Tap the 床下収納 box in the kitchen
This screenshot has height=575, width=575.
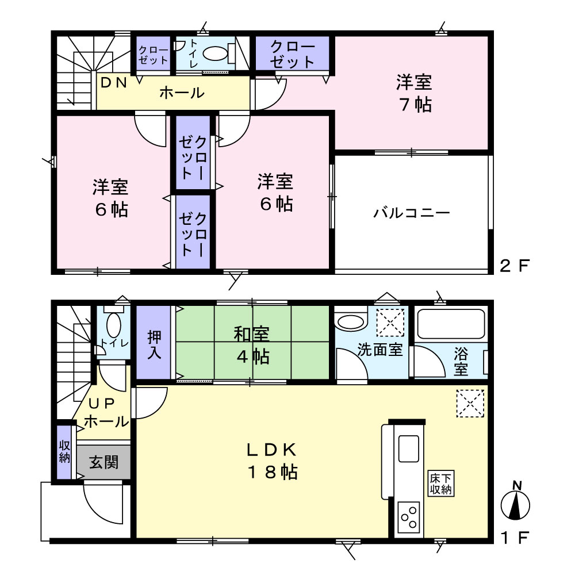coord(441,484)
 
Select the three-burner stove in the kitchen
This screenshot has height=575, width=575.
coord(409,517)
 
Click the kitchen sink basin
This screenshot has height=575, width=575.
coord(408,448)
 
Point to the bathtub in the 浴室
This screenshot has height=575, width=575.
coord(451,324)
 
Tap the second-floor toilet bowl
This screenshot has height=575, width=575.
coord(215,54)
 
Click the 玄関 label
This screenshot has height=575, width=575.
coord(104,462)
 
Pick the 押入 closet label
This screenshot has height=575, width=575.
coord(154,344)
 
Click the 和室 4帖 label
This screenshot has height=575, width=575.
coord(252,346)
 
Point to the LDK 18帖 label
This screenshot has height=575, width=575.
coord(272,461)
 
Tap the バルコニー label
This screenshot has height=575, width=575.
coord(412,213)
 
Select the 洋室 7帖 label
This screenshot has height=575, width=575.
coord(414,93)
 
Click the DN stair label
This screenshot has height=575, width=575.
coord(114,83)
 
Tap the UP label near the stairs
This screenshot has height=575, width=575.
coord(102,404)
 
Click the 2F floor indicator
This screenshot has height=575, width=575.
coord(515,266)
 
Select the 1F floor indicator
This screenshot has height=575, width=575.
coord(515,538)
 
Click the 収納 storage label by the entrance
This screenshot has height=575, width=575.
coord(64,452)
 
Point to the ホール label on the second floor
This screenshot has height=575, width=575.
coord(182,93)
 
